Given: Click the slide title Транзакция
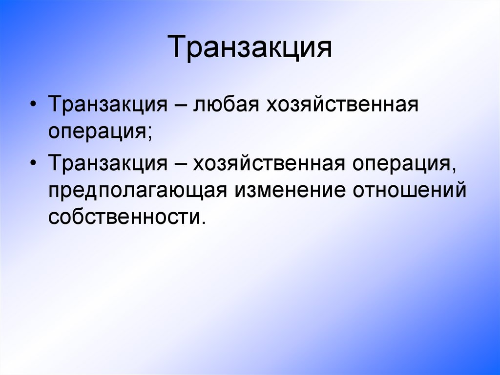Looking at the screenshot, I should click(x=250, y=47).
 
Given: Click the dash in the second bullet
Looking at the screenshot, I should click(x=181, y=163).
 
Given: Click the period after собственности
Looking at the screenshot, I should click(x=199, y=222).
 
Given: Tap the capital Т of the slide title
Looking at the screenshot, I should click(x=178, y=47).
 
